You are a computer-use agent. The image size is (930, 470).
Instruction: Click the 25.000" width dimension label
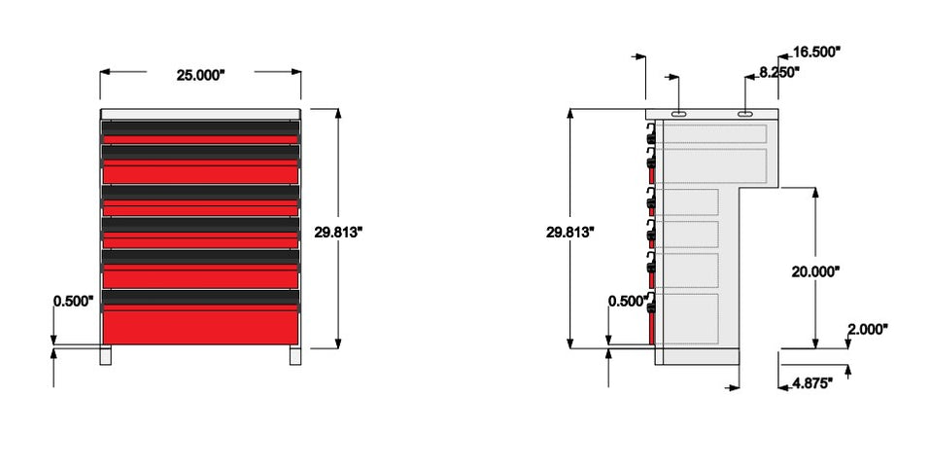pos(200,75)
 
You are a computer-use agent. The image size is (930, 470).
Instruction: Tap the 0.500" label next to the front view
pos(73,301)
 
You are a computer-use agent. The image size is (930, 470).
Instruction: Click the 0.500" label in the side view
pos(627,301)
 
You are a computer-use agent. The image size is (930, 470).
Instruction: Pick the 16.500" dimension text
pos(816,53)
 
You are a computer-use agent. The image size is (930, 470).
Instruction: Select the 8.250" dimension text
pos(778,72)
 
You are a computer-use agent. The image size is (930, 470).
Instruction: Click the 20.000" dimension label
pos(815,272)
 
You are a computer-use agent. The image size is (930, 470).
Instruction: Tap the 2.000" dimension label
pos(867,330)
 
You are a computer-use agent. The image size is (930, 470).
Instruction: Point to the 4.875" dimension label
pos(811,383)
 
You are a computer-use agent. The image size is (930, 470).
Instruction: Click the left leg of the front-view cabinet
pos(106,355)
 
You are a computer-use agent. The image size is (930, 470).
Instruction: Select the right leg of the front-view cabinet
pos(294,355)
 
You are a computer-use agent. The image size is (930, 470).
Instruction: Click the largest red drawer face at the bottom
pos(200,325)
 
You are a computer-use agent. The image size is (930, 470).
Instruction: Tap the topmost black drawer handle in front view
pos(200,127)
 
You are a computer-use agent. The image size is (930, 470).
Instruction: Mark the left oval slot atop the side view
pos(678,114)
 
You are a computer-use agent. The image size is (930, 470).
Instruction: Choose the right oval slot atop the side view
pos(745,114)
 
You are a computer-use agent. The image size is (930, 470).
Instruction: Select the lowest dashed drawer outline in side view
pos(688,316)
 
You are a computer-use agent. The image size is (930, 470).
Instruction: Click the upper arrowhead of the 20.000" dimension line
pos(815,190)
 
